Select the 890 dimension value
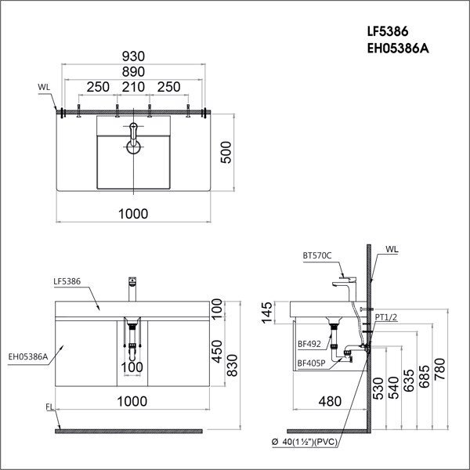pos(133,72)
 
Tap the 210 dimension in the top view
pos(133,87)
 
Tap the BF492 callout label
pos(309,342)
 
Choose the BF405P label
pos(312,363)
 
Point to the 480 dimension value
pos(329,403)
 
